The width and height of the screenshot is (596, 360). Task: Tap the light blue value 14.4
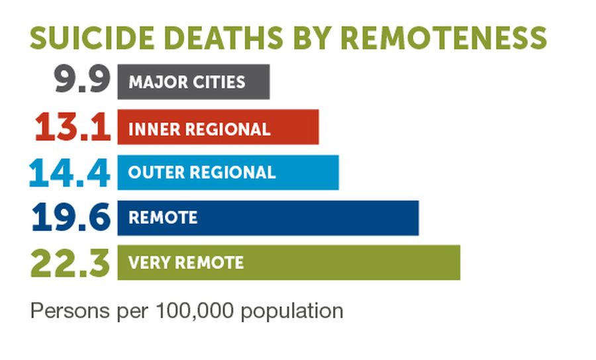click(x=70, y=173)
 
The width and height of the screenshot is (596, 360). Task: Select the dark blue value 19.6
click(x=71, y=218)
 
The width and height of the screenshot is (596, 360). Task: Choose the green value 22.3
click(x=70, y=263)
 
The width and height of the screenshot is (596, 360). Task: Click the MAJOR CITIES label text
click(x=187, y=82)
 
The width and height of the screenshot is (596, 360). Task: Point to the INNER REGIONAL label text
click(x=199, y=128)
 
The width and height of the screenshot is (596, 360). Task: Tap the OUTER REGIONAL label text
click(x=202, y=173)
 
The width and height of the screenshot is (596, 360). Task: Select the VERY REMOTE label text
click(x=186, y=263)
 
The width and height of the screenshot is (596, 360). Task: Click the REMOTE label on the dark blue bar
click(x=163, y=218)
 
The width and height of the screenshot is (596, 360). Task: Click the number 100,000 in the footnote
click(x=195, y=310)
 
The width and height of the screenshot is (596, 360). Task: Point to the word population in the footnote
click(x=292, y=311)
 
